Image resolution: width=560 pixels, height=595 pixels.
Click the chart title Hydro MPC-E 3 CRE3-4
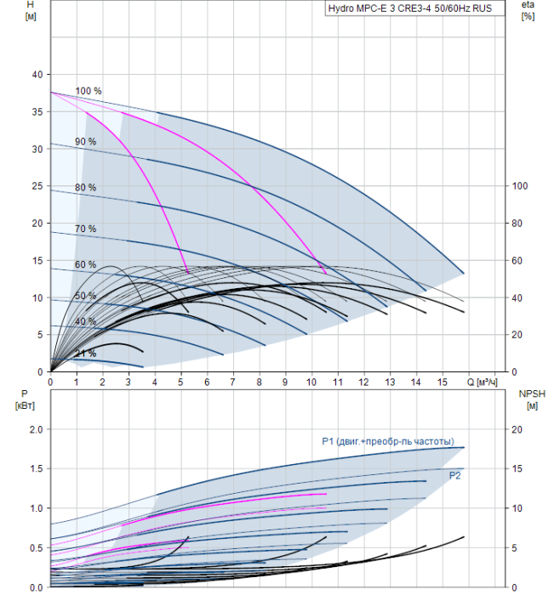pyautogui.click(x=380, y=8)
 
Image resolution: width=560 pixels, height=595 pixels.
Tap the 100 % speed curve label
pyautogui.click(x=89, y=91)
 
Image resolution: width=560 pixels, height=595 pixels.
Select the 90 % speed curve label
pyautogui.click(x=85, y=142)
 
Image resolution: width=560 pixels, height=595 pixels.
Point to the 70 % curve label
pyautogui.click(x=85, y=229)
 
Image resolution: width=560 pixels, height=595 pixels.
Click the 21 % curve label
pyautogui.click(x=85, y=354)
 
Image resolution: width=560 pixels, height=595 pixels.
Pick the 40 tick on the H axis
pyautogui.click(x=37, y=75)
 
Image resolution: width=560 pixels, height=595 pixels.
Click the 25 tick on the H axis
pyautogui.click(x=37, y=186)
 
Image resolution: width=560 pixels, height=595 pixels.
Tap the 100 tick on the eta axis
pyautogui.click(x=520, y=186)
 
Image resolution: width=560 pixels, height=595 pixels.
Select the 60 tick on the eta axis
pyautogui.click(x=517, y=261)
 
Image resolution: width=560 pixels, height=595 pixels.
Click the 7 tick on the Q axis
pyautogui.click(x=233, y=382)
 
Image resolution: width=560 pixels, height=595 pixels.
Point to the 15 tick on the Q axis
pyautogui.click(x=443, y=382)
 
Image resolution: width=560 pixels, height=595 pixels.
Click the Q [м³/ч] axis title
pyautogui.click(x=482, y=382)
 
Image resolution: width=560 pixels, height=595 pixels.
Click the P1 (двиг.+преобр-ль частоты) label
pyautogui.click(x=388, y=441)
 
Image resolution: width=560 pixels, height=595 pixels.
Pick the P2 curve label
pyautogui.click(x=454, y=475)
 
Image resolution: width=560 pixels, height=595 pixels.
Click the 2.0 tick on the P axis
pyautogui.click(x=36, y=429)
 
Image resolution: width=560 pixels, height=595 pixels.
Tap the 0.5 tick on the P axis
pyautogui.click(x=36, y=548)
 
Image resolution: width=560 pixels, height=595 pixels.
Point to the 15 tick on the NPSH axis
pyautogui.click(x=517, y=468)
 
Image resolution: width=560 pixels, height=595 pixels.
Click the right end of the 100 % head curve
pyautogui.click(x=464, y=273)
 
